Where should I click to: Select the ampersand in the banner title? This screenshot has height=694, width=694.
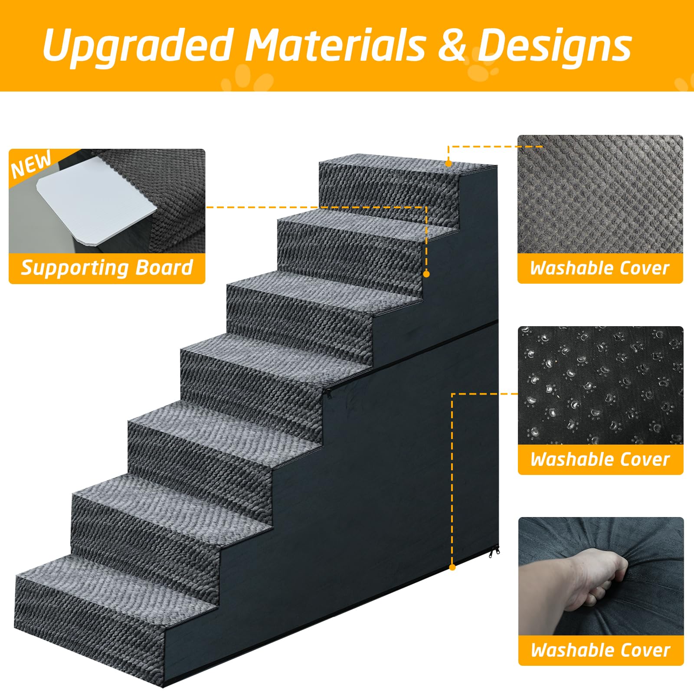(452, 45)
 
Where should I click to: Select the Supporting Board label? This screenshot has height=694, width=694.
(107, 268)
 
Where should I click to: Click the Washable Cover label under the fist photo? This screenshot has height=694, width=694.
(601, 650)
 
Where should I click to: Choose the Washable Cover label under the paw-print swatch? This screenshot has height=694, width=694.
(600, 459)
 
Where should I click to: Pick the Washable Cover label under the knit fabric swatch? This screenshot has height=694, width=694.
(600, 268)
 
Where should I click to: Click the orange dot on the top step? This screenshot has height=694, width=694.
(448, 164)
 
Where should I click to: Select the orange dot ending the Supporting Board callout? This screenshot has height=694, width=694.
(426, 274)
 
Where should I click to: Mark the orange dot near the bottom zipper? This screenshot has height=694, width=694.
(452, 567)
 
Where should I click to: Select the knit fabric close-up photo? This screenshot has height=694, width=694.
(600, 194)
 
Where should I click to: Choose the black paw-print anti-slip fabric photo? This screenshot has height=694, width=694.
(601, 385)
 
